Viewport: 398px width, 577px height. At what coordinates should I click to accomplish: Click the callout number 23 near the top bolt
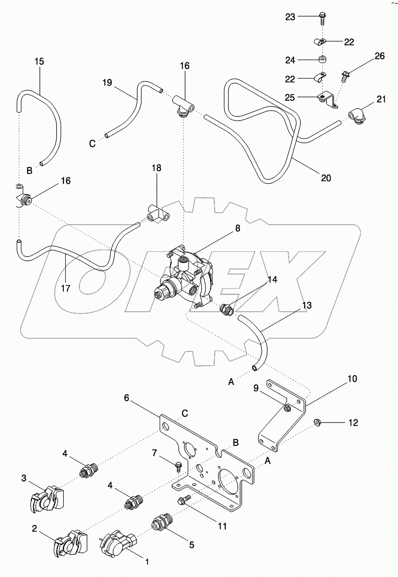pyautogui.click(x=290, y=17)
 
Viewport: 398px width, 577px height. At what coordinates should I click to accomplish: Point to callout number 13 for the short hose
pyautogui.click(x=294, y=306)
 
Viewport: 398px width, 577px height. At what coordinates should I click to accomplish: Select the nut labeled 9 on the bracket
pyautogui.click(x=286, y=407)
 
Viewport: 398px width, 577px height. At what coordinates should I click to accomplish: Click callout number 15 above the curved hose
pyautogui.click(x=40, y=61)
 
